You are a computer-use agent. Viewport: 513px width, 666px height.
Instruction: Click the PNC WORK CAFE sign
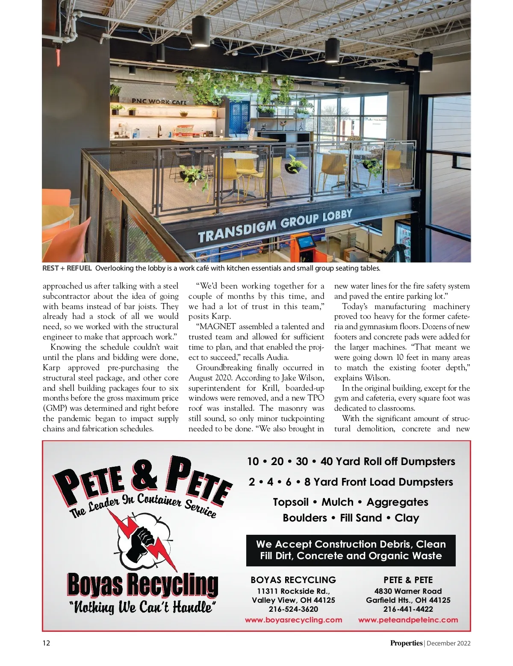[159, 102]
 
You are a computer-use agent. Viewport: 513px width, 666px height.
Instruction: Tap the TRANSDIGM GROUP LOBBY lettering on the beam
[275, 226]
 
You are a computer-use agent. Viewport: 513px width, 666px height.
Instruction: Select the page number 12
[46, 643]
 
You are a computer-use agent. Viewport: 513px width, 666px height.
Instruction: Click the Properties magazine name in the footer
[406, 643]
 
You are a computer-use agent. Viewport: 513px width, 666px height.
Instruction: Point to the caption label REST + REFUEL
[67, 268]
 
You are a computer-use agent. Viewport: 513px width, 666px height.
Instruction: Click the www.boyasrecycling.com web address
[293, 620]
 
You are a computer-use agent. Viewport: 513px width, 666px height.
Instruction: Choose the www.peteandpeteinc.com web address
[408, 620]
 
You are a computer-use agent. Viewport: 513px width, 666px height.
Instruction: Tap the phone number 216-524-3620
[293, 609]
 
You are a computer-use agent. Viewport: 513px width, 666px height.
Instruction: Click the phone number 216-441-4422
[408, 609]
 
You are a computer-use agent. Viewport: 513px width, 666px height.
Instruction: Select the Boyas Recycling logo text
[142, 585]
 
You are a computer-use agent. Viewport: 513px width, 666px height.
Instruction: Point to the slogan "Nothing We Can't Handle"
[142, 607]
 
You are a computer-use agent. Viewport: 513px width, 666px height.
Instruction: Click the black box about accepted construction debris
[351, 550]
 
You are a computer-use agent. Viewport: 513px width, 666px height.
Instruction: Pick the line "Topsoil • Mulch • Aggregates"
[351, 502]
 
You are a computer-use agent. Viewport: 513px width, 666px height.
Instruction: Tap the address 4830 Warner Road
[408, 591]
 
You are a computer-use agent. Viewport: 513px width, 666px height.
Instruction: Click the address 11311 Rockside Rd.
[293, 591]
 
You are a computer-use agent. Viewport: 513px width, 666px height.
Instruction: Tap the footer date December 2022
[448, 643]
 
